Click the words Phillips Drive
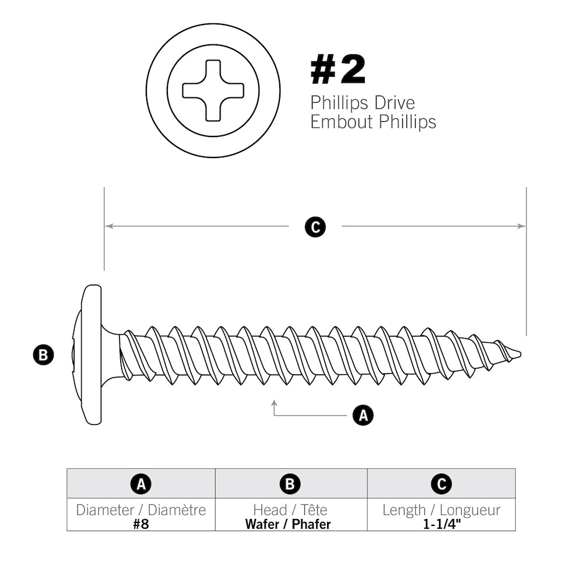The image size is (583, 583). coord(362,103)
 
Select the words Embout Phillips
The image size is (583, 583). coord(373,122)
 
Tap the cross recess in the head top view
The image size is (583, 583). coord(213,90)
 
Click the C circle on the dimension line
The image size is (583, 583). coord(315,227)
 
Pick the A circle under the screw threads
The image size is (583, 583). coord(363,416)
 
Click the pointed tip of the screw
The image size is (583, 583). coord(518,353)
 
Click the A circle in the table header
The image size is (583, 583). coord(141,484)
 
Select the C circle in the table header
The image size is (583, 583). coord(441,484)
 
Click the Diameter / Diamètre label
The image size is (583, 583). coord(141,510)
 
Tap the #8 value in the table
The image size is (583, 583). coord(141,524)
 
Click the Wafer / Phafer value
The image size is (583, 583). coord(288,524)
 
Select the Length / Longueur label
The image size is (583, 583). coord(441,510)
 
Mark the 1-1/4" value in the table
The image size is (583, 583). coord(441,524)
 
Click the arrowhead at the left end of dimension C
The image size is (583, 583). coord(108,226)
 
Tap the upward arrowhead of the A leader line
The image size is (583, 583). coord(274,403)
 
